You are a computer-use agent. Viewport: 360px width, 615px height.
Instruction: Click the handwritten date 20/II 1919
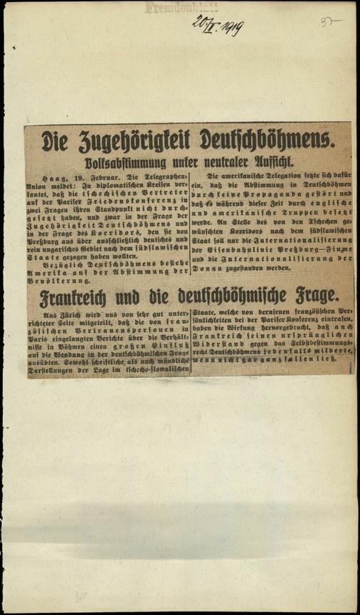tap(218, 26)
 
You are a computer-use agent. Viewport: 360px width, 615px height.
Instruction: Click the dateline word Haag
tap(54, 176)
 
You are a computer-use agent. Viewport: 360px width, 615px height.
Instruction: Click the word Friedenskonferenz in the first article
tap(146, 202)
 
